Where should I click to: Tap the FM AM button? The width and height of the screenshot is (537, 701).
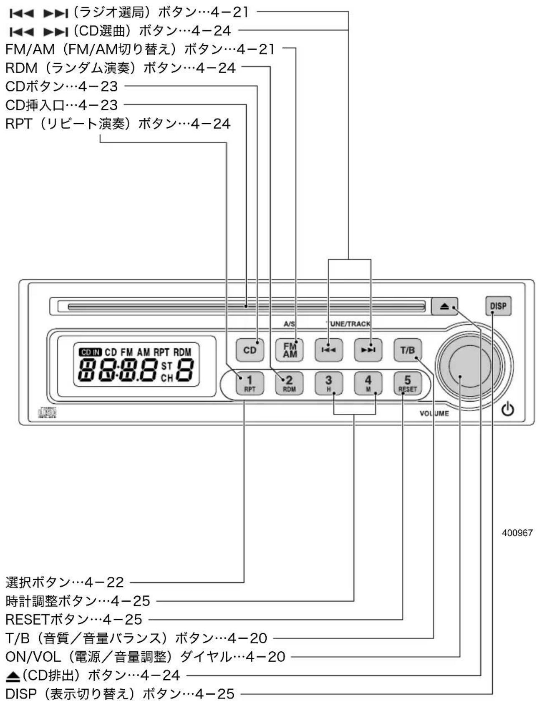pos(290,350)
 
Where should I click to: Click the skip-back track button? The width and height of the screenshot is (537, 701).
pos(329,350)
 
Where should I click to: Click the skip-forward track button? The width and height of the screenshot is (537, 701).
pos(368,350)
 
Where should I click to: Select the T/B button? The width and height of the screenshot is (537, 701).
pos(408,350)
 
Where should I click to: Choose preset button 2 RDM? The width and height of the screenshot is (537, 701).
pos(289,383)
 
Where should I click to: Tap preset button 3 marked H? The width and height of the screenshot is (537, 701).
pos(329,383)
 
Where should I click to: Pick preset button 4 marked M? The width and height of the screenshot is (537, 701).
pos(368,383)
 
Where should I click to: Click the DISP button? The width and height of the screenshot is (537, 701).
pos(498,306)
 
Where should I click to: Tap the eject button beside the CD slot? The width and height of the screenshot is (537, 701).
pos(444,306)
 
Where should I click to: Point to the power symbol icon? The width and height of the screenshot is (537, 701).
pos(507,409)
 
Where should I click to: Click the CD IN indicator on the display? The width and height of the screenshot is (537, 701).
pos(90,352)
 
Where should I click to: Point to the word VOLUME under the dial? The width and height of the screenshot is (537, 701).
pos(434,413)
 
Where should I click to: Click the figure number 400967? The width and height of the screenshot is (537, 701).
pos(517,533)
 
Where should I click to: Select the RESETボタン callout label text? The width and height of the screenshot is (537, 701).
pos(74,619)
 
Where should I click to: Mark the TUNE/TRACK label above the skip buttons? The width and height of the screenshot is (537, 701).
pos(348,324)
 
